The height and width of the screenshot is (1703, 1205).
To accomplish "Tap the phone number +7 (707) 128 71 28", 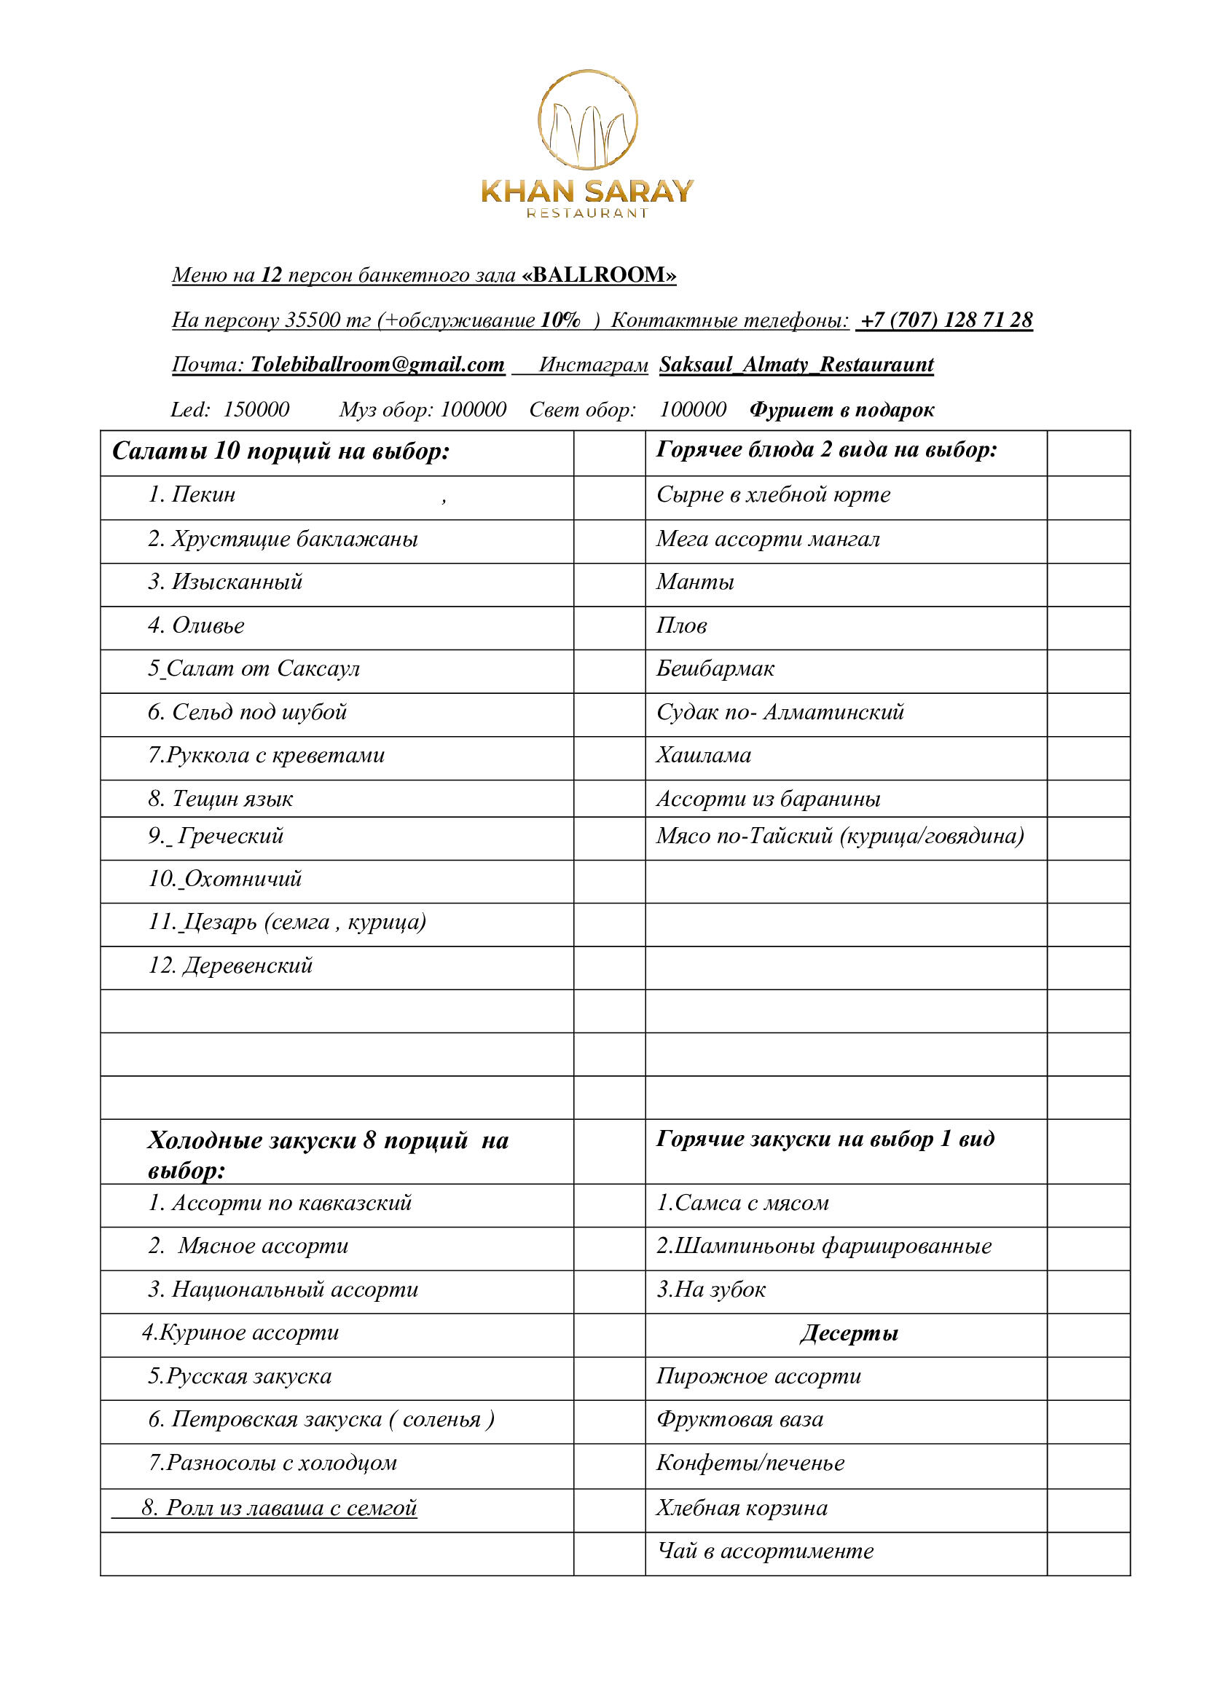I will [x=945, y=320].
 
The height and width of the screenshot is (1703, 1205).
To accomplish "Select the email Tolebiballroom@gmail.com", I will [x=377, y=364].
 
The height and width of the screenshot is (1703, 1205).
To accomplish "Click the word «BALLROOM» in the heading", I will [x=599, y=275].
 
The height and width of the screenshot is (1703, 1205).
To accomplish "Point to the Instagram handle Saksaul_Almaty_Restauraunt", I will [x=796, y=364].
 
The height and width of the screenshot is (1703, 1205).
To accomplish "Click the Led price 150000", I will [x=256, y=409].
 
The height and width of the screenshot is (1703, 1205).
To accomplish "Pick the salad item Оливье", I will [x=208, y=625].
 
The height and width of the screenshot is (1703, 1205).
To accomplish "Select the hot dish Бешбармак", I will [x=715, y=668].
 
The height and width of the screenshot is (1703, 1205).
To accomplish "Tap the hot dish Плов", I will [x=681, y=625].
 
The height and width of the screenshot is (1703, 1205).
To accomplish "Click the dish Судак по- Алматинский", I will [x=780, y=712].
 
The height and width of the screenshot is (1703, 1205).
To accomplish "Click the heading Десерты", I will [x=849, y=1334].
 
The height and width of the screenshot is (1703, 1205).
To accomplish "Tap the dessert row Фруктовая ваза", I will [x=739, y=1420].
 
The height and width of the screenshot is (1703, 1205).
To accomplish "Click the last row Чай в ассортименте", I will [x=764, y=1551].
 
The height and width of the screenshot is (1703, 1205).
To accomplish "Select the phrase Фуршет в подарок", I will [x=841, y=409].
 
